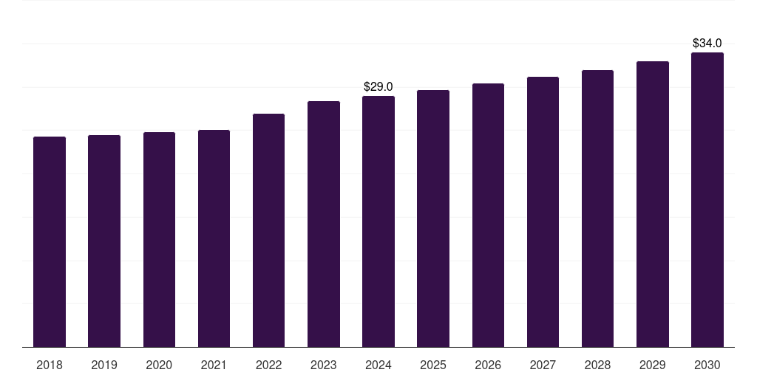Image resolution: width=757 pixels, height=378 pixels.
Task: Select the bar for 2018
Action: tap(50, 242)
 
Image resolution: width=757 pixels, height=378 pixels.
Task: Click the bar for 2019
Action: tap(104, 241)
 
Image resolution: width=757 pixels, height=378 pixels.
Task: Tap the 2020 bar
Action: tap(160, 240)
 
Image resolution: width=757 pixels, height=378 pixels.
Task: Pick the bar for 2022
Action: tap(268, 230)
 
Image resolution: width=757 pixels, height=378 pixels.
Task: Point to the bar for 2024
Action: tap(378, 221)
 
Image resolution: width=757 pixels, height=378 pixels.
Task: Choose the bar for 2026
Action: tap(488, 216)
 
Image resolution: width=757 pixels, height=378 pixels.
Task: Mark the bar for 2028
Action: tap(597, 209)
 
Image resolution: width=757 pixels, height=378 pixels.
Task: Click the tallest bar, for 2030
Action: tap(707, 200)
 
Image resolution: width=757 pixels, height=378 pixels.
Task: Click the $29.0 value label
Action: tap(378, 87)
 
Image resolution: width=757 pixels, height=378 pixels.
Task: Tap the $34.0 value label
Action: tap(707, 44)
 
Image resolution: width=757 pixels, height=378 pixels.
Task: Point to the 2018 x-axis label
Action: tap(50, 365)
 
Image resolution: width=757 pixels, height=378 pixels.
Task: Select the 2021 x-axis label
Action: tap(214, 365)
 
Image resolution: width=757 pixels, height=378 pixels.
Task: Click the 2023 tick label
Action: tap(324, 365)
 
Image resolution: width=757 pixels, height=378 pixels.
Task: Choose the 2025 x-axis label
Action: tap(433, 365)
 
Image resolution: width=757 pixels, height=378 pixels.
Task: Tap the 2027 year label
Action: tap(543, 365)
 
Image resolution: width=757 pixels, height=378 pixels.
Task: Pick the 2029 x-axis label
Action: tap(652, 365)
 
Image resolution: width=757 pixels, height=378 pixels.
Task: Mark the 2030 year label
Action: tap(707, 365)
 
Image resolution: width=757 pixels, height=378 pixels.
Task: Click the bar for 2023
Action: tap(324, 224)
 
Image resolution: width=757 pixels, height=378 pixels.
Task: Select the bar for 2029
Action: tap(653, 205)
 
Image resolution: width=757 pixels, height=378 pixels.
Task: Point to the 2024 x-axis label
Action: tap(378, 365)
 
